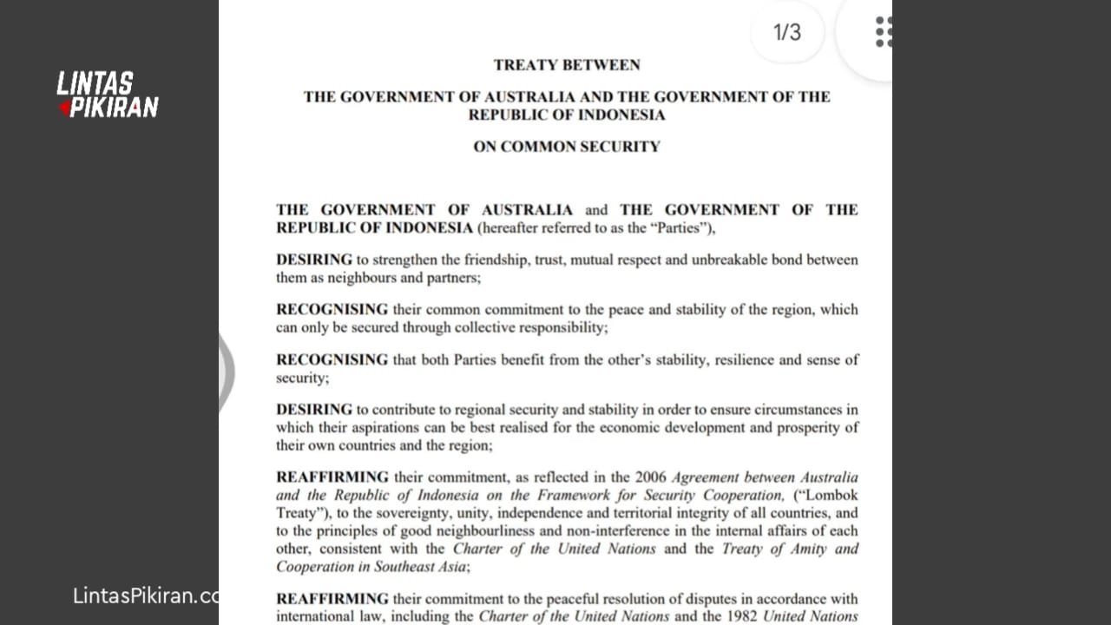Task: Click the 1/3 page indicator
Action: tap(787, 33)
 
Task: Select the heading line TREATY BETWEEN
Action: tap(567, 65)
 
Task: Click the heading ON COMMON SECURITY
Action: tap(567, 147)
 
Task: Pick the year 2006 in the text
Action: tap(651, 477)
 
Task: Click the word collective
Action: tap(487, 328)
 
